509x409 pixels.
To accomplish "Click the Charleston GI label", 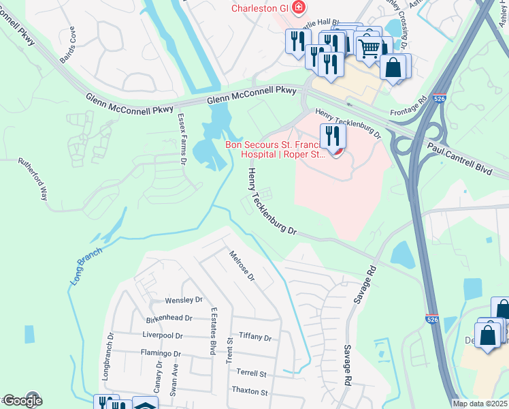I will [259, 8].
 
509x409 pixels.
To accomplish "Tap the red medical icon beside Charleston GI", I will [297, 8].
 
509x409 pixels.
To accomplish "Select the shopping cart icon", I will [369, 47].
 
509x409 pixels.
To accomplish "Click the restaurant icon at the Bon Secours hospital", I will [333, 136].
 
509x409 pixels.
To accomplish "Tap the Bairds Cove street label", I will [67, 46].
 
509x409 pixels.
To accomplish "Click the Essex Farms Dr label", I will [182, 139].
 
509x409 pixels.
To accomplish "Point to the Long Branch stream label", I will [86, 265].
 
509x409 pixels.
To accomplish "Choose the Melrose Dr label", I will [242, 267].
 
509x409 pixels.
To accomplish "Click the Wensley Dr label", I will [184, 300].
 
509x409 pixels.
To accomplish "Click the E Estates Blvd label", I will [213, 331].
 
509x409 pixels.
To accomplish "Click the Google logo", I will [22, 400].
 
